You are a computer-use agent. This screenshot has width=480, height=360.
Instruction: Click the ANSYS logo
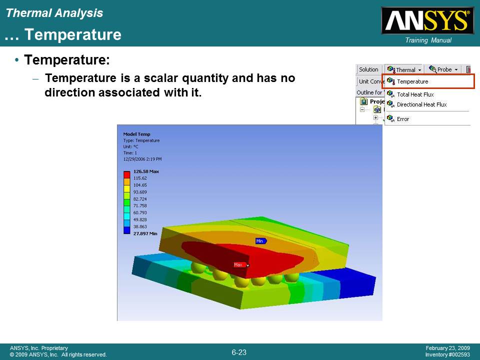pyautogui.click(x=427, y=20)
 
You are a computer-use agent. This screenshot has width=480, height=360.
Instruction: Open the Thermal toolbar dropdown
pyautogui.click(x=404, y=69)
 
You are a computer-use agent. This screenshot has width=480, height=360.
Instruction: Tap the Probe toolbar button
pyautogui.click(x=443, y=69)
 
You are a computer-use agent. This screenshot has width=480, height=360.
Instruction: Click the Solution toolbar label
pyautogui.click(x=368, y=69)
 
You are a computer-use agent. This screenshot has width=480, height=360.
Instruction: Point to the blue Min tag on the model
pyautogui.click(x=261, y=241)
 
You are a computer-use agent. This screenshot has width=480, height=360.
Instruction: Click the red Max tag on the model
pyautogui.click(x=240, y=265)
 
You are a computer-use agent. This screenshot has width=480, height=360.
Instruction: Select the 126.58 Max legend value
pyautogui.click(x=146, y=171)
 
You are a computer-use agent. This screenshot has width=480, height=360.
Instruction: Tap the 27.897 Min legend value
pyautogui.click(x=145, y=233)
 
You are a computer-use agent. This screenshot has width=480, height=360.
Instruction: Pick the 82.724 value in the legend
pyautogui.click(x=140, y=199)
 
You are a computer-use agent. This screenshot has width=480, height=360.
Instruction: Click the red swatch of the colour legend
pyautogui.click(x=126, y=175)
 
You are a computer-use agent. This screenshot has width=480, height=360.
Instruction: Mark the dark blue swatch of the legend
pyautogui.click(x=126, y=230)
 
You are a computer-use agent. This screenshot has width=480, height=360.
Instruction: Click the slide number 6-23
pyautogui.click(x=239, y=352)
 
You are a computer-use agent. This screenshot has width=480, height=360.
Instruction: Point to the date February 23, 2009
pyautogui.click(x=447, y=348)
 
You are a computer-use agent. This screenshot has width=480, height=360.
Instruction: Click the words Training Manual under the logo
pyautogui.click(x=428, y=40)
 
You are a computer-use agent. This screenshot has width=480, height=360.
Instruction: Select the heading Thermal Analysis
pyautogui.click(x=54, y=13)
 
